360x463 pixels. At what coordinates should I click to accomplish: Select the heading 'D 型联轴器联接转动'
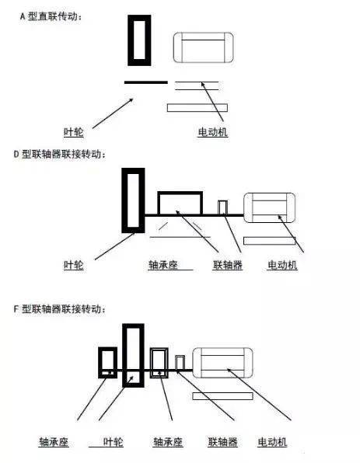pyautogui.click(x=61, y=154)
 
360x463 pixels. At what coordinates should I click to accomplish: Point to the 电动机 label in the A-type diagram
pyautogui.click(x=212, y=132)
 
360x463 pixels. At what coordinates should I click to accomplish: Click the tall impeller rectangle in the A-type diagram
pyautogui.click(x=139, y=39)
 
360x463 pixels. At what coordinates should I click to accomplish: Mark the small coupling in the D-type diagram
pyautogui.click(x=222, y=207)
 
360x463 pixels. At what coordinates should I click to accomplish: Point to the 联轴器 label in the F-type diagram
pyautogui.click(x=222, y=442)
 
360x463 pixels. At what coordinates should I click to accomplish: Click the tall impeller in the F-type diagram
pyautogui.click(x=133, y=354)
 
